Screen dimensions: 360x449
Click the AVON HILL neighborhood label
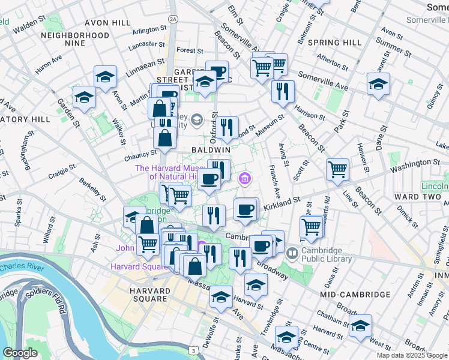coord(107,22)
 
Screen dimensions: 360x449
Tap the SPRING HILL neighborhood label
coord(334,43)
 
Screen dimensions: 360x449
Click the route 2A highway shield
coord(173,20)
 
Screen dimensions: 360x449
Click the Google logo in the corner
coord(20,353)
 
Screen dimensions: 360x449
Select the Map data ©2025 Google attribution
coord(412,355)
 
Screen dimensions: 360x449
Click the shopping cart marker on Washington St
coord(337,169)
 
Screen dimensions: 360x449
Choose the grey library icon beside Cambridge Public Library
coord(292,254)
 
